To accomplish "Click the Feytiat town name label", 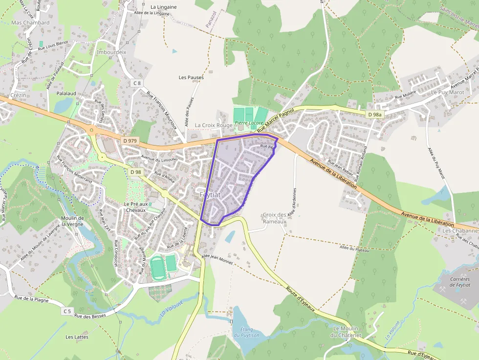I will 210,194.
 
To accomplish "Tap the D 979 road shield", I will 131,141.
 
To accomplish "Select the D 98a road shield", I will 375,114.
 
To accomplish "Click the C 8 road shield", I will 137,83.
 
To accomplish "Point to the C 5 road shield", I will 67,311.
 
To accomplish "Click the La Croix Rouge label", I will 214,126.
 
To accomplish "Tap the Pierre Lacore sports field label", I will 248,123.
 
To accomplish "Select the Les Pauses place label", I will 191,77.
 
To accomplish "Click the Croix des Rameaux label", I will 274,218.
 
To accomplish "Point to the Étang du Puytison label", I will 246,332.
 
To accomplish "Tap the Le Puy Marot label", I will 447,92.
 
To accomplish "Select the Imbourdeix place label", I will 111,52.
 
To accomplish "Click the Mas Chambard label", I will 30,22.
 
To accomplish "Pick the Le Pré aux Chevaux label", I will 135,207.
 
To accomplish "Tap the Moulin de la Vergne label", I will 72,221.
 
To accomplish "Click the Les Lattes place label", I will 76,337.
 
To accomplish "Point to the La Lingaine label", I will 164,7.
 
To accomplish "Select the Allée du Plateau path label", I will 354,249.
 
